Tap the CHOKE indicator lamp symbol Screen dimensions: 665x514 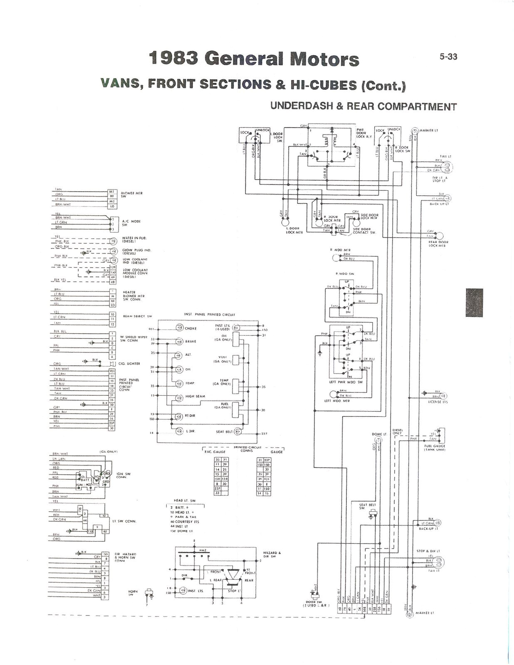179,328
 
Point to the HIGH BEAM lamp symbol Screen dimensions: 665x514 179,398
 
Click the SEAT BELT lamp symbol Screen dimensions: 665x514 238,432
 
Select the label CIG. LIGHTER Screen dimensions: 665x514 129,364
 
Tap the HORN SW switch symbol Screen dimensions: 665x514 148,593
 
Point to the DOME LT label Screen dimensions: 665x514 379,434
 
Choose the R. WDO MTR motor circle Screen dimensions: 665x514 336,258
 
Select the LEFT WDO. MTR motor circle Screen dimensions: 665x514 334,394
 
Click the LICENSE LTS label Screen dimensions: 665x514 438,402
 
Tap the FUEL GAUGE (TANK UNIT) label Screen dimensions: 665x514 435,448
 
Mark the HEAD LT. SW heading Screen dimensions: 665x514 184,501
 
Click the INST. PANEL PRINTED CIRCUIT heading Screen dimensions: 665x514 209,315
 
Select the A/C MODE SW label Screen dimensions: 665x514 131,223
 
